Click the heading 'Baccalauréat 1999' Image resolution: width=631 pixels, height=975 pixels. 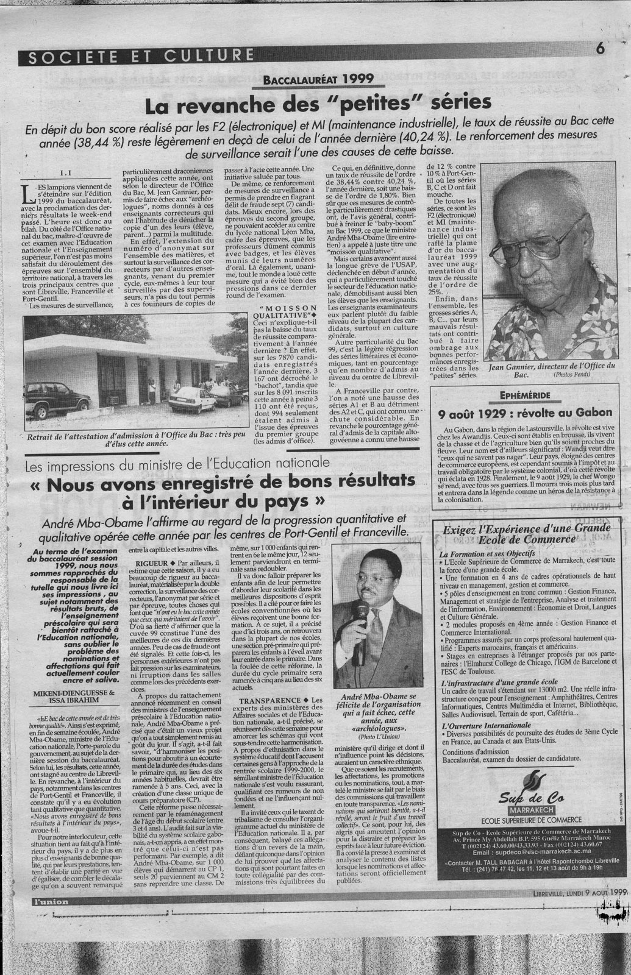point(320,79)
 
